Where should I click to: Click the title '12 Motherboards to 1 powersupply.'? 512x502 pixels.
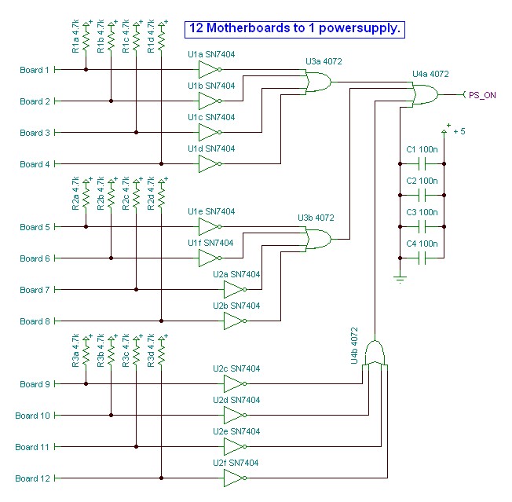click(294, 29)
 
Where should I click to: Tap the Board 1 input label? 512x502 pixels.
click(35, 70)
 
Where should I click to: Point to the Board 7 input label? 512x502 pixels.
click(35, 290)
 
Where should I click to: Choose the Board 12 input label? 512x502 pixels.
click(32, 478)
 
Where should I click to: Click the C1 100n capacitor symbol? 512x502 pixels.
click(422, 164)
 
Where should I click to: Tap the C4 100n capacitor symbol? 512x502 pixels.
click(422, 258)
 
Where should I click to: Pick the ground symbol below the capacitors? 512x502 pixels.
click(400, 277)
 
